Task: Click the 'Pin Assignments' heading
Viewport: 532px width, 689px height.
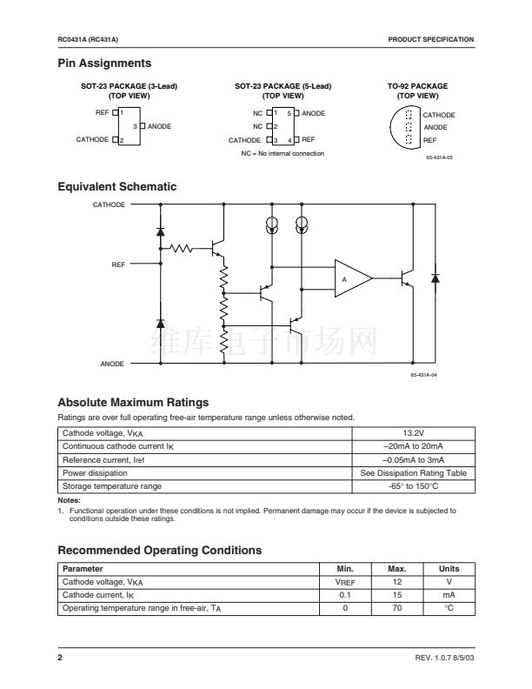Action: click(104, 64)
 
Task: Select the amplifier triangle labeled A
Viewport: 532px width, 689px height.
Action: click(351, 278)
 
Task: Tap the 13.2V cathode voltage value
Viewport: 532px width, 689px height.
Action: click(413, 432)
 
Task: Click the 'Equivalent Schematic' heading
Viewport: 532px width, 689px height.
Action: click(116, 187)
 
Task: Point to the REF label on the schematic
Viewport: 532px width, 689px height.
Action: click(118, 264)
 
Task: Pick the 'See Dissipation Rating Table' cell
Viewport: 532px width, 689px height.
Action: click(413, 472)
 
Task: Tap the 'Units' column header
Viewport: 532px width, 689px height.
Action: click(449, 569)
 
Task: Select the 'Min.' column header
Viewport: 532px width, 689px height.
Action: click(344, 569)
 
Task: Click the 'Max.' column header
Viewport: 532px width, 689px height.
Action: click(396, 569)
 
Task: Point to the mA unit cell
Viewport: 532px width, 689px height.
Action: click(449, 595)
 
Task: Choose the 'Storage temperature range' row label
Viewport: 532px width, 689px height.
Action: click(111, 485)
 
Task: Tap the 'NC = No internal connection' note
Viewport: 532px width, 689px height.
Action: click(283, 153)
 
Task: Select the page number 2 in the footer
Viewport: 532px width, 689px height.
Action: click(60, 658)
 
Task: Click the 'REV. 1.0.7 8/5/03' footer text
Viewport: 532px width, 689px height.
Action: click(441, 658)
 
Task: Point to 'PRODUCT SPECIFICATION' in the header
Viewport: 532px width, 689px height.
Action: click(431, 40)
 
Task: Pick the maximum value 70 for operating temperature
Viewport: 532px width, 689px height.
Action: click(396, 608)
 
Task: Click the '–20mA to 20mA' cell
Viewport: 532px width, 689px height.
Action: click(413, 446)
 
